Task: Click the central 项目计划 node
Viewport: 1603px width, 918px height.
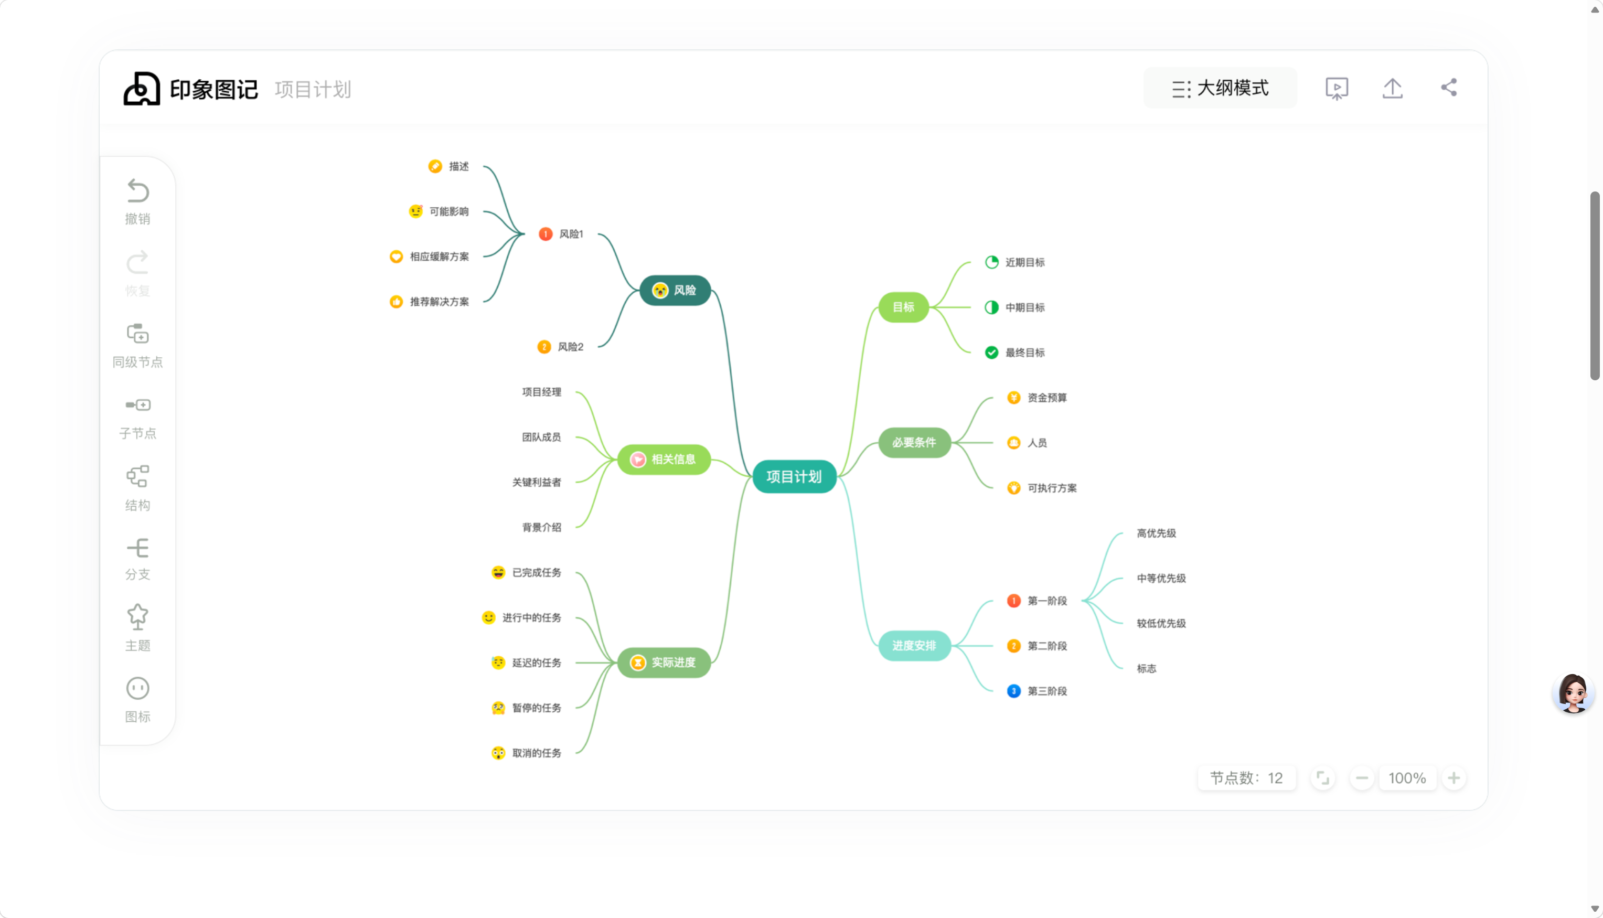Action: tap(794, 477)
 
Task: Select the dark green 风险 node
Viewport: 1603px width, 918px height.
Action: tap(675, 290)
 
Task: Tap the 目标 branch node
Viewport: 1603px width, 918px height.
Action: tap(903, 307)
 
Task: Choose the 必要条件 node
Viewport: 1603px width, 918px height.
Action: tap(914, 443)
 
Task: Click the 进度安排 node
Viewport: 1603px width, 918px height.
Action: tap(914, 646)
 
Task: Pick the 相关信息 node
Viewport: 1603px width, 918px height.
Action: tap(664, 459)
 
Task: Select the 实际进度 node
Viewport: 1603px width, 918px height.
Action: tap(664, 663)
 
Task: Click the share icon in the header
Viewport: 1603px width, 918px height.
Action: tap(1449, 88)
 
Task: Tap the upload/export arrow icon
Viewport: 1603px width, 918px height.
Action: tap(1393, 88)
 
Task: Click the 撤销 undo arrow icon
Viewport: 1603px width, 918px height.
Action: tap(137, 190)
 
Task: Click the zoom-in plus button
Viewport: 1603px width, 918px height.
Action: tap(1454, 778)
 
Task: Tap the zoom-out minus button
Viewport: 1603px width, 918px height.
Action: tap(1362, 778)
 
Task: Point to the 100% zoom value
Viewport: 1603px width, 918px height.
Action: tap(1407, 778)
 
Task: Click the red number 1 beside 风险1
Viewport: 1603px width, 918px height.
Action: tap(545, 234)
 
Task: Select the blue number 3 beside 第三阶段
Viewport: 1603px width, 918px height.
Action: tap(1013, 691)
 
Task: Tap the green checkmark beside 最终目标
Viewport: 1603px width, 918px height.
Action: tap(991, 353)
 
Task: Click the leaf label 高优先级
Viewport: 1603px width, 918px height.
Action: tap(1156, 533)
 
